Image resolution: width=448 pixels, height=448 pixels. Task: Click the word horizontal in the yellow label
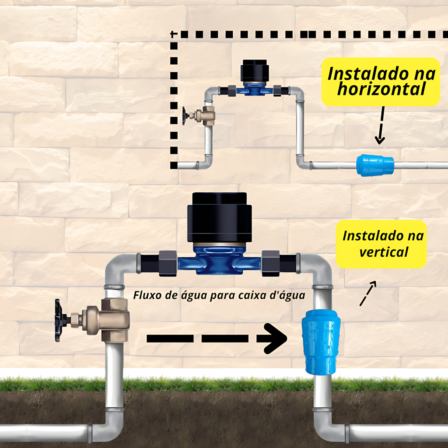pyautogui.click(x=381, y=90)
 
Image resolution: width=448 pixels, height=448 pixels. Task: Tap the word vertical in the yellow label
pyautogui.click(x=383, y=252)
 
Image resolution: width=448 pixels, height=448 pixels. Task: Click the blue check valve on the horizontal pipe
pyautogui.click(x=375, y=165)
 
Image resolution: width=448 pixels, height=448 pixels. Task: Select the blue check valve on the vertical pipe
pyautogui.click(x=321, y=342)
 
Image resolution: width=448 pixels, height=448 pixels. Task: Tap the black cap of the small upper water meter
pyautogui.click(x=254, y=71)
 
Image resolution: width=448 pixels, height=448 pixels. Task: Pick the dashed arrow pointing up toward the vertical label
pyautogui.click(x=368, y=293)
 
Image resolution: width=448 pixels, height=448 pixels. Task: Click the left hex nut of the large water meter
pyautogui.click(x=168, y=262)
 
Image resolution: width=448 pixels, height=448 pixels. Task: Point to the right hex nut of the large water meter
pyautogui.click(x=270, y=262)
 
